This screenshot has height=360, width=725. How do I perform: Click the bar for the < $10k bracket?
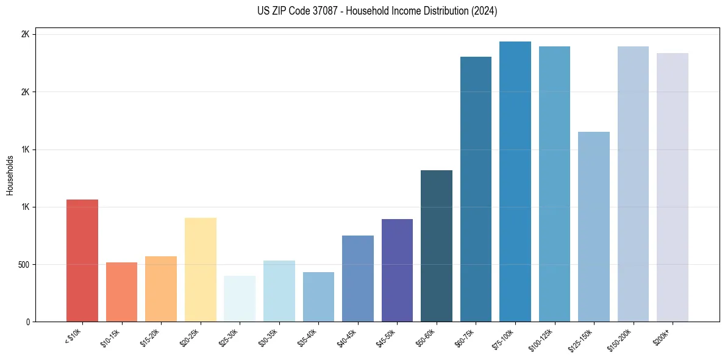tap(82, 261)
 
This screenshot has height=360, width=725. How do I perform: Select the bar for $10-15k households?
tap(121, 292)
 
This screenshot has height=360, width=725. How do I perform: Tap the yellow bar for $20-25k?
tap(200, 269)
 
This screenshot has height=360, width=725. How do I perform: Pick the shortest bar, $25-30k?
tap(240, 298)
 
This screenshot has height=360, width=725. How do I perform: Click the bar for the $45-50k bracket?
tap(397, 270)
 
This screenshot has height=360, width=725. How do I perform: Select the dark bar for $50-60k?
tap(437, 245)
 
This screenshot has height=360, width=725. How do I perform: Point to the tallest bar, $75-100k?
tap(515, 181)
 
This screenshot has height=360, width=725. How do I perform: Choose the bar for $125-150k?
tap(594, 226)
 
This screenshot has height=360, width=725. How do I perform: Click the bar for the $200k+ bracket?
tap(673, 187)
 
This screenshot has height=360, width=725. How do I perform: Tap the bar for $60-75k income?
tap(476, 189)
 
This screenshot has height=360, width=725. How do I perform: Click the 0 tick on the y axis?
tap(28, 322)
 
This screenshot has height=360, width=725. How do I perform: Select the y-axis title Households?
tap(10, 175)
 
